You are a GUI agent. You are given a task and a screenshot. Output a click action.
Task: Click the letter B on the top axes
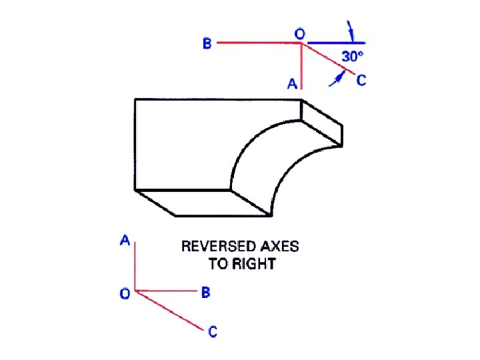[207, 44]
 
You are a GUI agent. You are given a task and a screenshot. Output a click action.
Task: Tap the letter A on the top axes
[292, 84]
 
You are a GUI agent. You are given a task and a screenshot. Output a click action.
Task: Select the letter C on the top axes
[361, 81]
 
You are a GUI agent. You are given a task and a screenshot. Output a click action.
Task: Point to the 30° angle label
[353, 57]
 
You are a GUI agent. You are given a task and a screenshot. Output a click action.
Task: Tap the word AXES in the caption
[281, 247]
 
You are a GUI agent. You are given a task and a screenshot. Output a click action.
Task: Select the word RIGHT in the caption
[253, 264]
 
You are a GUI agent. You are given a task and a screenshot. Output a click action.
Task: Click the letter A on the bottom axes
[125, 241]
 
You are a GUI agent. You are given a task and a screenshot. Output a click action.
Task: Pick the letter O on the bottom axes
[125, 293]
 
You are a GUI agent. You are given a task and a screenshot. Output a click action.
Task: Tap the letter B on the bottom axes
[205, 292]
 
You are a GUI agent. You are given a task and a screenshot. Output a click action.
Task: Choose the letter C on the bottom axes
[212, 331]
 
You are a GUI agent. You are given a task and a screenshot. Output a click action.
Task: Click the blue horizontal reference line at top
[333, 43]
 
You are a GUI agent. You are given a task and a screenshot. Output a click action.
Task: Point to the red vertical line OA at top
[302, 67]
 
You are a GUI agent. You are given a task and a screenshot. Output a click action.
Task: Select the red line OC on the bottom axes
[170, 310]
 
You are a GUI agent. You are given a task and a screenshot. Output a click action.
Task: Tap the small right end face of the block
[323, 123]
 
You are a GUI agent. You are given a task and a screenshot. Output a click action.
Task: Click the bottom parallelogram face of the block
[200, 202]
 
